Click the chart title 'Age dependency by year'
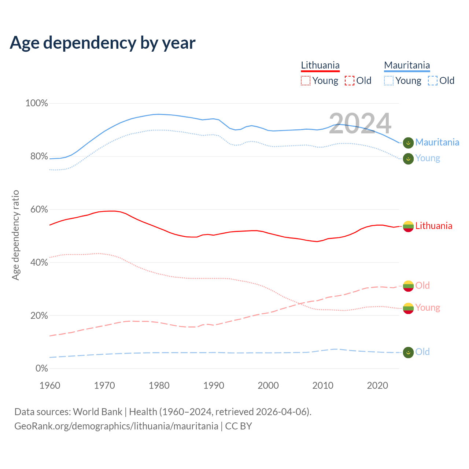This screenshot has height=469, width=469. pyautogui.click(x=103, y=43)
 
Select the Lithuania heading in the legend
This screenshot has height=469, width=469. pyautogui.click(x=320, y=65)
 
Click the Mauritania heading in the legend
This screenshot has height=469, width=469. pyautogui.click(x=407, y=65)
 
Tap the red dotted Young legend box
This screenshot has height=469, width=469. pyautogui.click(x=305, y=81)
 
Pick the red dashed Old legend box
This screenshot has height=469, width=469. pyautogui.click(x=349, y=81)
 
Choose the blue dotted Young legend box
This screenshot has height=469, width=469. pyautogui.click(x=389, y=81)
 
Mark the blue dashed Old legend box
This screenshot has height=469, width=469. pyautogui.click(x=432, y=81)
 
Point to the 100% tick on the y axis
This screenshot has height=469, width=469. pyautogui.click(x=37, y=103)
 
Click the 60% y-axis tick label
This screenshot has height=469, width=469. pyautogui.click(x=39, y=210)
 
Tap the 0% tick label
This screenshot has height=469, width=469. pyautogui.click(x=41, y=369)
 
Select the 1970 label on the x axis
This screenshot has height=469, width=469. pyautogui.click(x=104, y=385)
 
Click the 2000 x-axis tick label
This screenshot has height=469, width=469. pyautogui.click(x=268, y=385)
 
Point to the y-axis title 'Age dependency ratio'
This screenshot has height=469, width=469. pyautogui.click(x=15, y=235)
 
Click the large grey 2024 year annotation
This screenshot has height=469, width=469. pyautogui.click(x=360, y=123)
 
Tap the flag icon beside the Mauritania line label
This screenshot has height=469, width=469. pyautogui.click(x=408, y=143)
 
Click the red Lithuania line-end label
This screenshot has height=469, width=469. pyautogui.click(x=433, y=226)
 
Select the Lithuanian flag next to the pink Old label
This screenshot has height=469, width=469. pyautogui.click(x=408, y=286)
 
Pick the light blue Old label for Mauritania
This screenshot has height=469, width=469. pyautogui.click(x=422, y=352)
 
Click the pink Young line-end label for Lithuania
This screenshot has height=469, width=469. pyautogui.click(x=428, y=307)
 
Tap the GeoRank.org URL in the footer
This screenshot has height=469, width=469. pyautogui.click(x=116, y=426)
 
